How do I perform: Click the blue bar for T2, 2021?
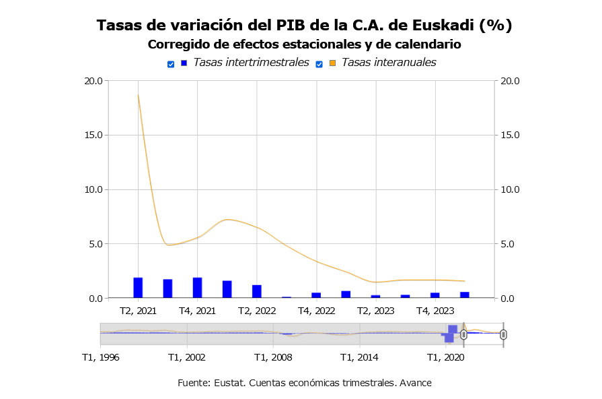click(x=138, y=288)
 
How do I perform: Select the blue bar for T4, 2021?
click(x=198, y=288)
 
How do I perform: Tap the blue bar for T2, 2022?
click(x=257, y=291)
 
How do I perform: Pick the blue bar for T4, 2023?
click(x=435, y=295)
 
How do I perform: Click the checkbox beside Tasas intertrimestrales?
click(x=171, y=64)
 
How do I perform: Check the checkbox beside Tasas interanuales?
click(x=319, y=64)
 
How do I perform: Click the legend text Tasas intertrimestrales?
click(x=251, y=63)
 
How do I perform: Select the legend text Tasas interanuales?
click(x=389, y=63)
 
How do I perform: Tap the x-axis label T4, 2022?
click(x=316, y=311)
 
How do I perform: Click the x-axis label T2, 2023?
click(x=375, y=311)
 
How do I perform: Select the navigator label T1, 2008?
click(x=273, y=357)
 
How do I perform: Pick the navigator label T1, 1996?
click(x=100, y=357)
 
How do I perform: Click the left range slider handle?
click(x=463, y=334)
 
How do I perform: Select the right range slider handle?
click(x=503, y=334)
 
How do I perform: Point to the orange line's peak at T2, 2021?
click(x=138, y=96)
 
